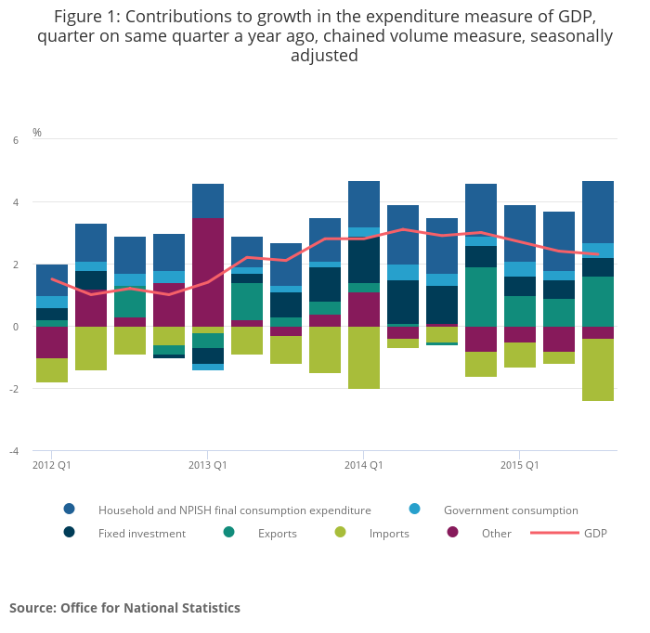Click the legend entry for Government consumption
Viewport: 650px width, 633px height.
click(x=510, y=510)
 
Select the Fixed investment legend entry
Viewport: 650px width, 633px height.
click(x=141, y=533)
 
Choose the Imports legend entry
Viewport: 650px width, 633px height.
click(x=388, y=533)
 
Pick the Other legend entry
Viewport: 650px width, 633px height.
click(x=496, y=533)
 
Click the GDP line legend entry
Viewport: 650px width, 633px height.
click(x=594, y=533)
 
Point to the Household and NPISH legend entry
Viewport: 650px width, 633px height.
click(x=234, y=510)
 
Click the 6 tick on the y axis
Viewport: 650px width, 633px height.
click(x=15, y=140)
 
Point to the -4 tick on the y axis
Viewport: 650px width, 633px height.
click(x=13, y=451)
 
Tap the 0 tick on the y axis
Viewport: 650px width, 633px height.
click(x=15, y=327)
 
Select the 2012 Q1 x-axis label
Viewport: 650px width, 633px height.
click(x=52, y=464)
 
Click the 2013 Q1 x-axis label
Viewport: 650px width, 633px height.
click(x=208, y=464)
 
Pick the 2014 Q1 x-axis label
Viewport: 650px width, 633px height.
click(x=364, y=464)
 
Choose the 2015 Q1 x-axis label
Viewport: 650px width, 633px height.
click(x=520, y=464)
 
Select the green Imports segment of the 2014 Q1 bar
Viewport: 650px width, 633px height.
click(x=364, y=357)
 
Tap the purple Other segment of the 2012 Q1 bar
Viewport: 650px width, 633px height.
click(x=52, y=342)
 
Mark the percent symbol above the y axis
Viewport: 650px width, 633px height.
click(x=37, y=133)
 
